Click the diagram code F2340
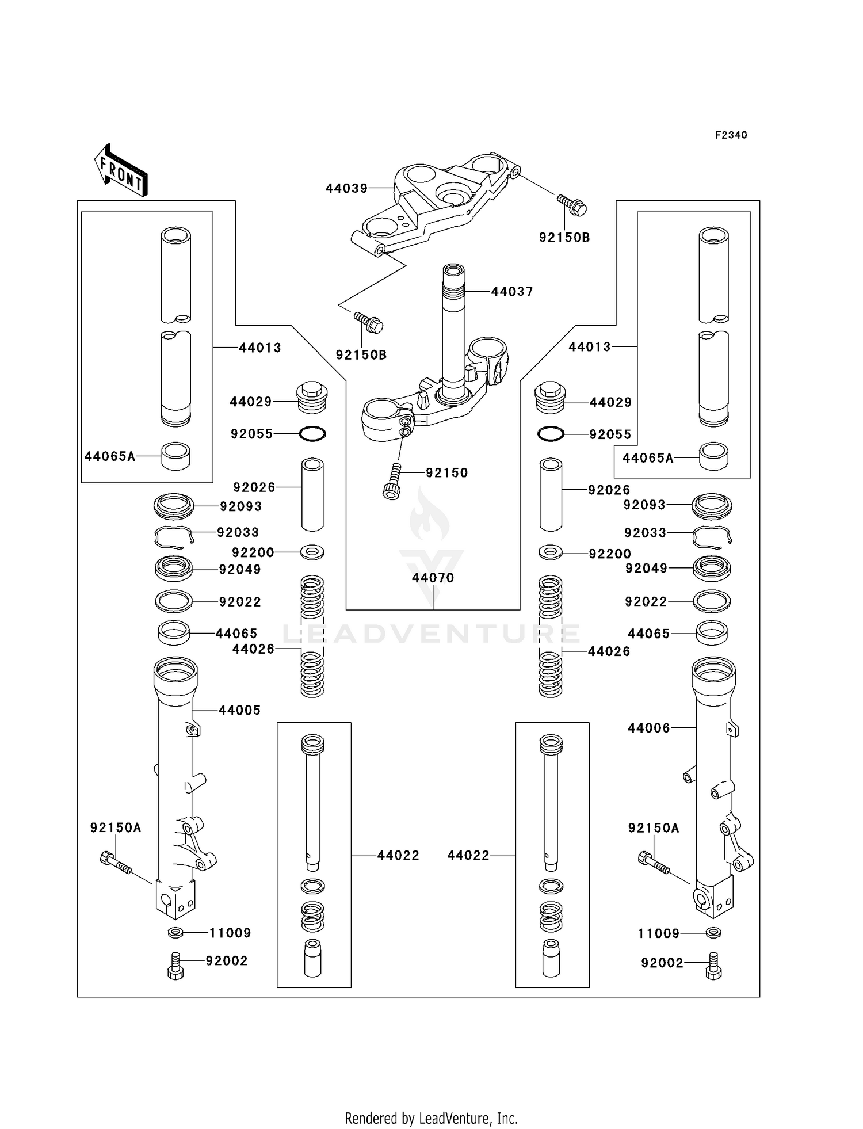click(731, 135)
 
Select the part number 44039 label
click(346, 189)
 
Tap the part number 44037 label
click(512, 292)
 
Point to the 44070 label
click(433, 578)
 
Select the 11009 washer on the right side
click(713, 933)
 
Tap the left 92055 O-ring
click(313, 434)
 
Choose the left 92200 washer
click(312, 552)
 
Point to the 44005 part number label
click(239, 710)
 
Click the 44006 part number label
click(648, 728)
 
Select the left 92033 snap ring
click(173, 537)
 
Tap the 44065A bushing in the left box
click(175, 456)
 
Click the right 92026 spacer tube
click(551, 494)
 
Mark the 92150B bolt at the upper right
click(571, 205)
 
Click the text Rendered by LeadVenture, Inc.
click(431, 1119)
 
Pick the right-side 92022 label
click(646, 602)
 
